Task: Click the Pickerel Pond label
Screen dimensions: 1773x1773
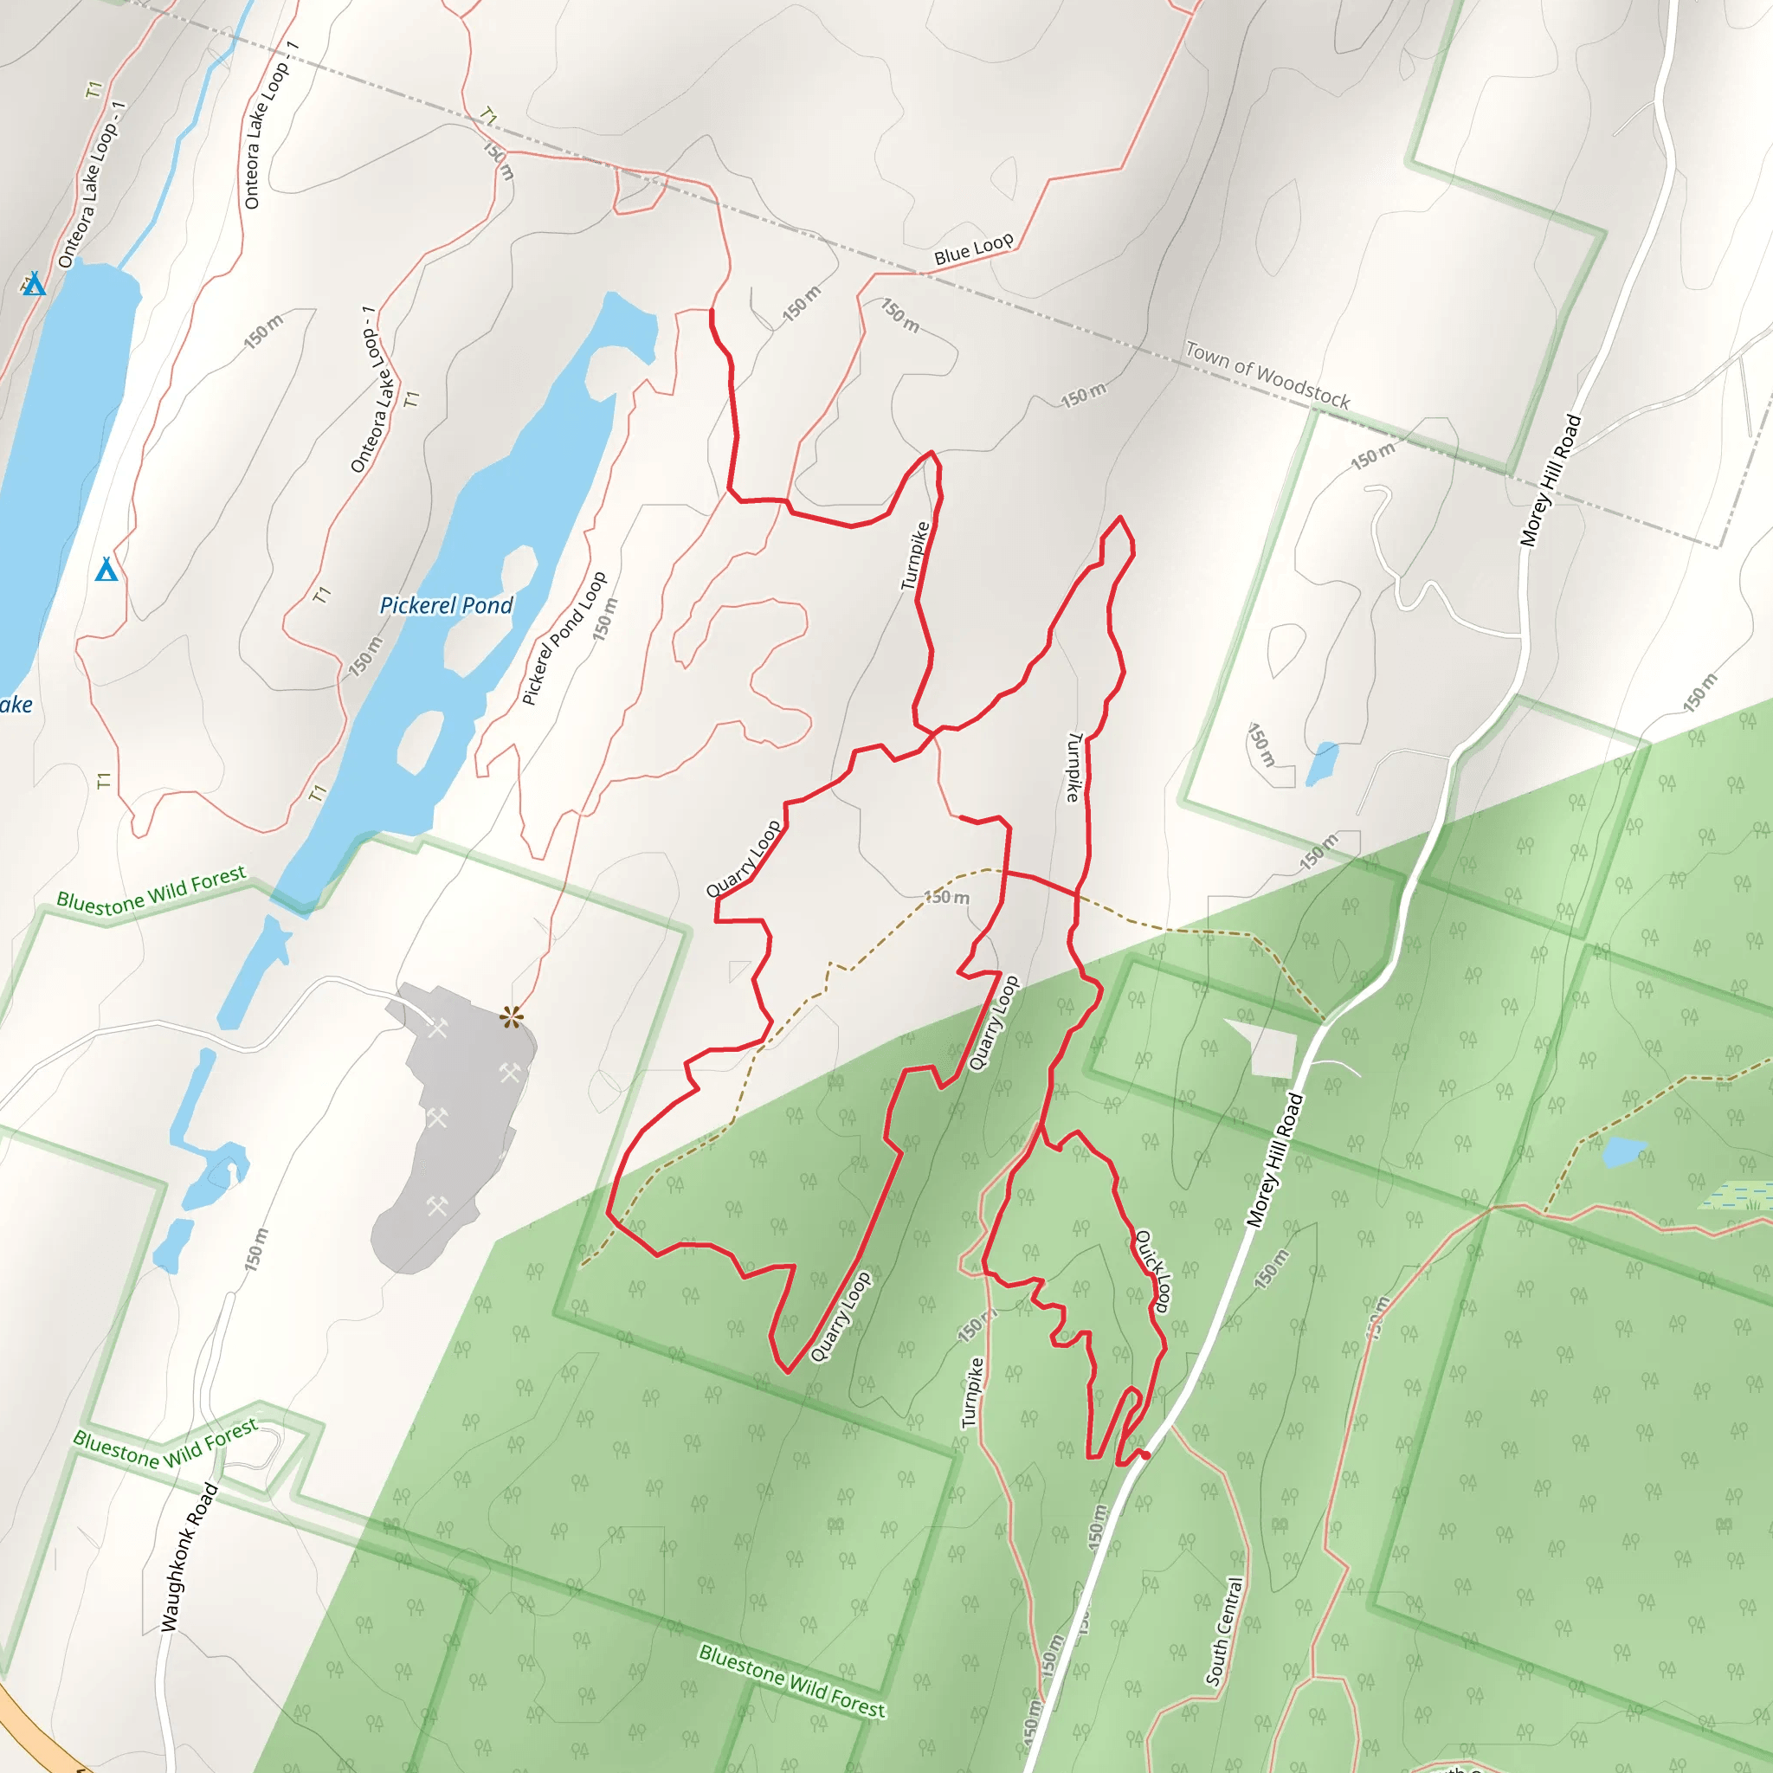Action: click(446, 606)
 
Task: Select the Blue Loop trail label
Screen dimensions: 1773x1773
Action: click(974, 249)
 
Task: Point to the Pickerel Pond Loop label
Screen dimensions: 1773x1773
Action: click(564, 638)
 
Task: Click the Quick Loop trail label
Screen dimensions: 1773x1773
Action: click(1153, 1272)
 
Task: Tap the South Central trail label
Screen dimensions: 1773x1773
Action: click(1225, 1631)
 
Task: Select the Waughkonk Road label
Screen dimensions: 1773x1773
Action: click(189, 1557)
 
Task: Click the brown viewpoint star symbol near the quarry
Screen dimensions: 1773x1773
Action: click(511, 1017)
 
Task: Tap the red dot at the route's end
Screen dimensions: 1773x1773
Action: click(1145, 1455)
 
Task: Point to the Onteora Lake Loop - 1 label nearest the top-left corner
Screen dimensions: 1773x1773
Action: click(92, 184)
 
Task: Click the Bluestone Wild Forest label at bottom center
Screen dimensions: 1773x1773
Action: click(792, 1681)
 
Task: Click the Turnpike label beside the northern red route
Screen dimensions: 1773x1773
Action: click(915, 555)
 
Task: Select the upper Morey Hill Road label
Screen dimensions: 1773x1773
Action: click(1551, 480)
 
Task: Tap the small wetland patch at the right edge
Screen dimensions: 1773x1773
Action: click(1733, 1196)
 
